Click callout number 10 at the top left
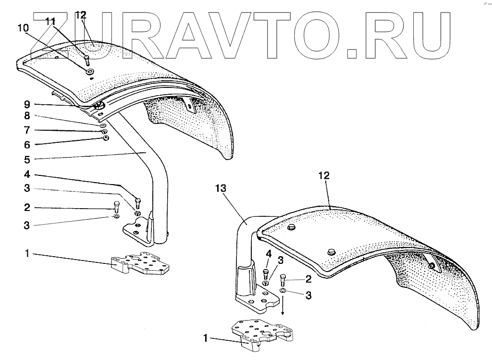point(23,28)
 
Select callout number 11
point(51,21)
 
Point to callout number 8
point(27,116)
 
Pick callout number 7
point(27,130)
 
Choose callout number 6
point(27,144)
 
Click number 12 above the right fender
point(324,176)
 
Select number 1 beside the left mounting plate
point(27,253)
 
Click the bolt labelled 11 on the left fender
point(86,60)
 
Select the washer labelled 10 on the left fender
point(90,72)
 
